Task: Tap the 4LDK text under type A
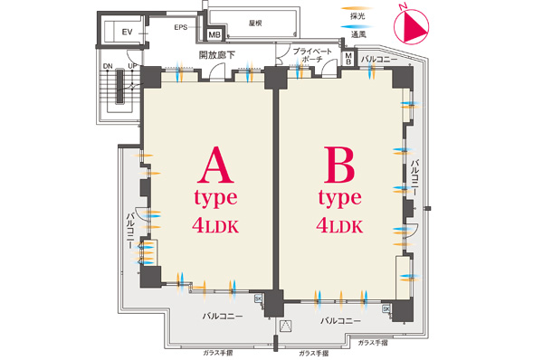214,224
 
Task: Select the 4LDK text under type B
340,224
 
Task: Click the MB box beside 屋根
214,35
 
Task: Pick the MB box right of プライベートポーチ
349,57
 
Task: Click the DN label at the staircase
108,66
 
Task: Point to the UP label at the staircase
132,66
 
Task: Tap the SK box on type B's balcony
386,308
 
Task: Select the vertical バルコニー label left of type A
129,233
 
